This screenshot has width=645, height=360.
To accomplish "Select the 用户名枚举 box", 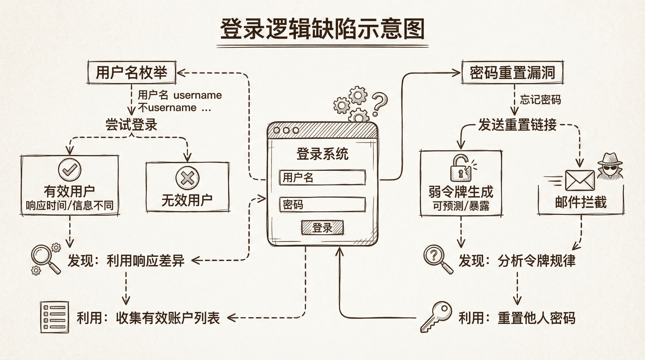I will pyautogui.click(x=131, y=72).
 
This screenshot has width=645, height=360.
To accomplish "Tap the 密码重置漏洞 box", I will pyautogui.click(x=512, y=72).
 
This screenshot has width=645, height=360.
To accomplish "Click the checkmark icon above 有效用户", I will pyautogui.click(x=70, y=170).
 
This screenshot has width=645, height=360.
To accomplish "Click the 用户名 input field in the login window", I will pyautogui.click(x=322, y=177).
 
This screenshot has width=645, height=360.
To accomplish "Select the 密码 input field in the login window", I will pyautogui.click(x=322, y=205).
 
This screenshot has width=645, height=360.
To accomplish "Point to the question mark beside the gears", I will pyautogui.click(x=379, y=103).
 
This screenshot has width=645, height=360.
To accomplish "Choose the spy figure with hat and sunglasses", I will pyautogui.click(x=610, y=166).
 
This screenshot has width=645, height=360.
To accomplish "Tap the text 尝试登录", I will pyautogui.click(x=131, y=125).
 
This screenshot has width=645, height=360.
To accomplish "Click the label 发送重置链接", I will pyautogui.click(x=517, y=125).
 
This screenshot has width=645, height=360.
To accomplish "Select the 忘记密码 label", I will pyautogui.click(x=540, y=100).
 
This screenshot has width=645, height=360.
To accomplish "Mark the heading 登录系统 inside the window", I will pyautogui.click(x=322, y=154).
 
